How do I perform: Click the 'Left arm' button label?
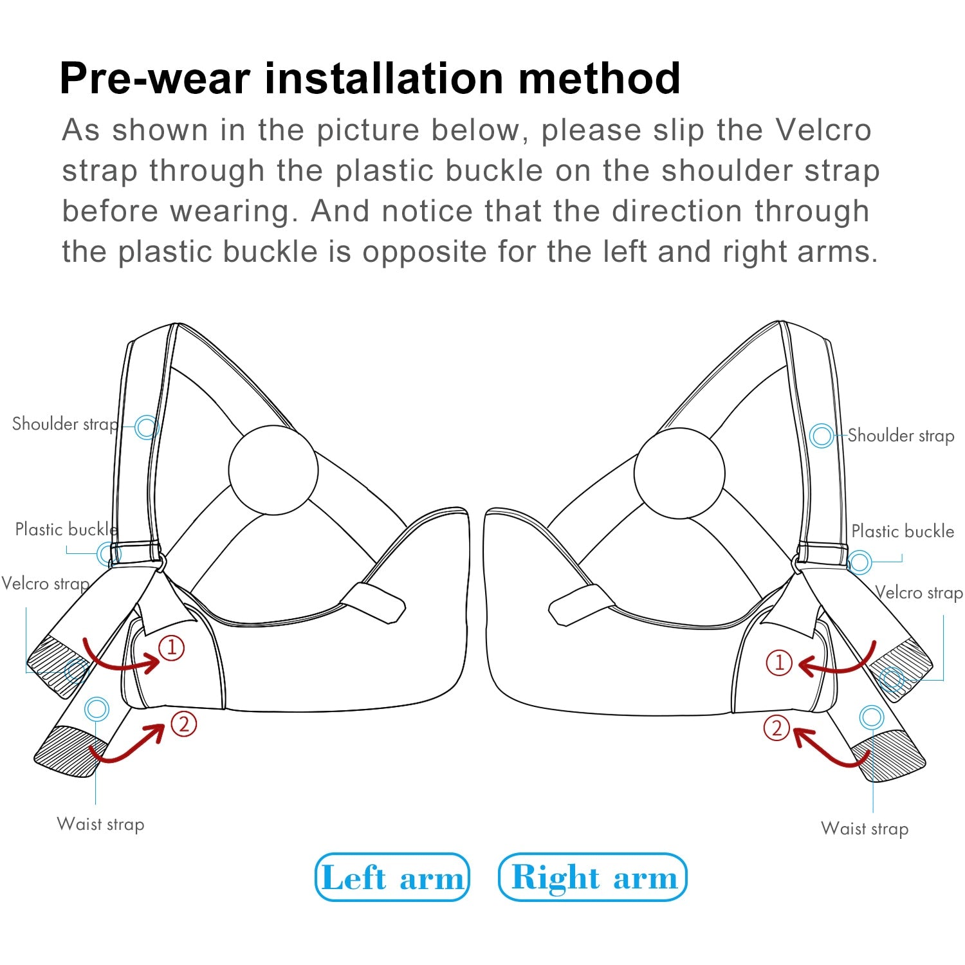pos(392,878)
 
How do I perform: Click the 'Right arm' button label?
pos(593,877)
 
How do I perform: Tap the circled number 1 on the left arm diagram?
pos(172,647)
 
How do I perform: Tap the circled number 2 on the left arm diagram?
pos(184,724)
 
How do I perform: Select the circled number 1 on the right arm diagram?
pos(779,662)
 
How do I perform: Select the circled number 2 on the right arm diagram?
pos(777,728)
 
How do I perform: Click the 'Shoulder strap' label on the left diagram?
pos(65,424)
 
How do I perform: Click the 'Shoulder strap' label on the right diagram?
pos(901,436)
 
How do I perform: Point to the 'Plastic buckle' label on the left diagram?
pos(66,529)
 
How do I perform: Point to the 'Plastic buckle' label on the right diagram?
pos(903,531)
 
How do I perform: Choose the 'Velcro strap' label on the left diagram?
pos(45,584)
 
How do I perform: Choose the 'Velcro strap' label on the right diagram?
pos(919,593)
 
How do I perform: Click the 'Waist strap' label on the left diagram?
pos(100,824)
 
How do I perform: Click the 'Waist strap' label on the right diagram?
pos(865,829)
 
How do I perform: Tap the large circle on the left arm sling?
pos(273,470)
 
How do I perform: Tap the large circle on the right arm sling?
pos(679,473)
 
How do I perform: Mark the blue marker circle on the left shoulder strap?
pos(147,427)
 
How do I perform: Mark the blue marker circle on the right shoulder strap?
pos(822,436)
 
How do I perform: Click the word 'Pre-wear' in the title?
pos(154,78)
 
